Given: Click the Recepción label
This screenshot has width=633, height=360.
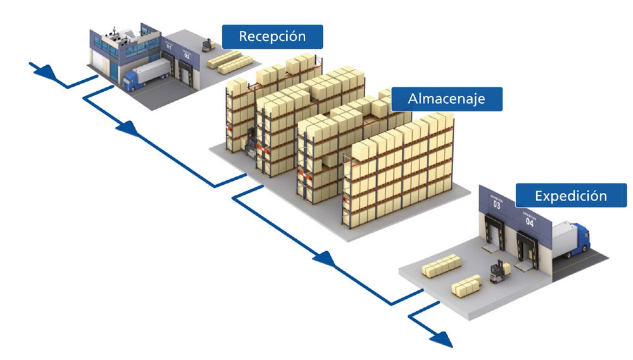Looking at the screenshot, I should pyautogui.click(x=272, y=36).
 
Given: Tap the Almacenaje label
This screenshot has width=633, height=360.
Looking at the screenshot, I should pyautogui.click(x=446, y=99).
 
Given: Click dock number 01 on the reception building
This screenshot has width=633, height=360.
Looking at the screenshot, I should pyautogui.click(x=169, y=46).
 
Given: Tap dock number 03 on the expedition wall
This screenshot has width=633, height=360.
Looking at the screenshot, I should pyautogui.click(x=496, y=204).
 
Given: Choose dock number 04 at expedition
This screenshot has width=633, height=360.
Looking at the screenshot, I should pyautogui.click(x=529, y=221).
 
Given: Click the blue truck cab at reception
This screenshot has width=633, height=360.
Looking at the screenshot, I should pyautogui.click(x=132, y=80).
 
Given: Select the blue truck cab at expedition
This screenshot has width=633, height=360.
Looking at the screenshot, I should pyautogui.click(x=582, y=240).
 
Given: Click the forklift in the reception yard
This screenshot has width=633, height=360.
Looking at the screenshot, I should pyautogui.click(x=206, y=44).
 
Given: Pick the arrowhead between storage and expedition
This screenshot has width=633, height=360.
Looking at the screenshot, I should pyautogui.click(x=323, y=258).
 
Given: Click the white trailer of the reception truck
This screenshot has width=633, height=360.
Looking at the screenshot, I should pyautogui.click(x=151, y=70).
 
